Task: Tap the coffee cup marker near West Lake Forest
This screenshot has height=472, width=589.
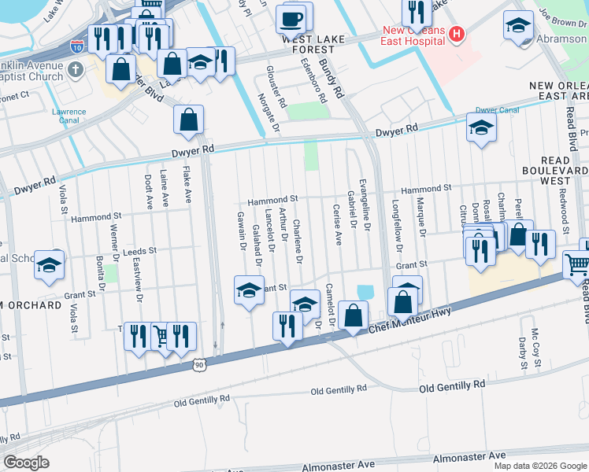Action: tap(291, 18)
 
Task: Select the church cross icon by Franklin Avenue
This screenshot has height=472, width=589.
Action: tap(75, 71)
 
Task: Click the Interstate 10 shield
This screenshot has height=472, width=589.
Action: tap(77, 46)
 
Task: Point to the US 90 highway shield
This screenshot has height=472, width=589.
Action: tap(199, 364)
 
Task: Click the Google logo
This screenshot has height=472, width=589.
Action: tap(26, 462)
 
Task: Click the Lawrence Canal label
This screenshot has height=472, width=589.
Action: tap(69, 116)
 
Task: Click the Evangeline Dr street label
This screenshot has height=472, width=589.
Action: tap(364, 204)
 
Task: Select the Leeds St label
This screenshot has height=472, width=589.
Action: tap(140, 251)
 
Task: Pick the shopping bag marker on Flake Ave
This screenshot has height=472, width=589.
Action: tap(189, 120)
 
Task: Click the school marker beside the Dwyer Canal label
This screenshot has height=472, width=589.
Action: tap(481, 128)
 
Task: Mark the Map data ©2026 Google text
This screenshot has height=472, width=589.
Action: tap(539, 466)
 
